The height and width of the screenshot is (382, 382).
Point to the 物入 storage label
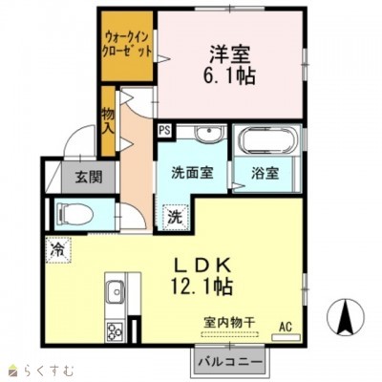(108, 119)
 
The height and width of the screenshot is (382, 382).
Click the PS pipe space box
(165, 130)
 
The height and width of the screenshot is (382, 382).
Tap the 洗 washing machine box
(175, 216)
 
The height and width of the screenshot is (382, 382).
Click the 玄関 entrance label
(76, 177)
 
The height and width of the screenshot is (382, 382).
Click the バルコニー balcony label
(231, 363)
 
